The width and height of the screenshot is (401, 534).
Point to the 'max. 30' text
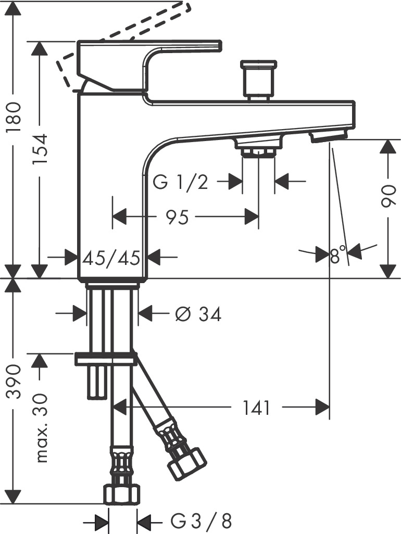pos(42,428)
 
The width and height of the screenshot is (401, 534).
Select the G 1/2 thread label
pos(181,182)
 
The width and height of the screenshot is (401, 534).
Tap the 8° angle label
pos(339,256)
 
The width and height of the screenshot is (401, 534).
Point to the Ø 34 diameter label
pos(198,314)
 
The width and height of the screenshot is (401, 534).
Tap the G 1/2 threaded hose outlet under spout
pos(258,147)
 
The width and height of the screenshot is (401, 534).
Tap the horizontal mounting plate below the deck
pos(106,358)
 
